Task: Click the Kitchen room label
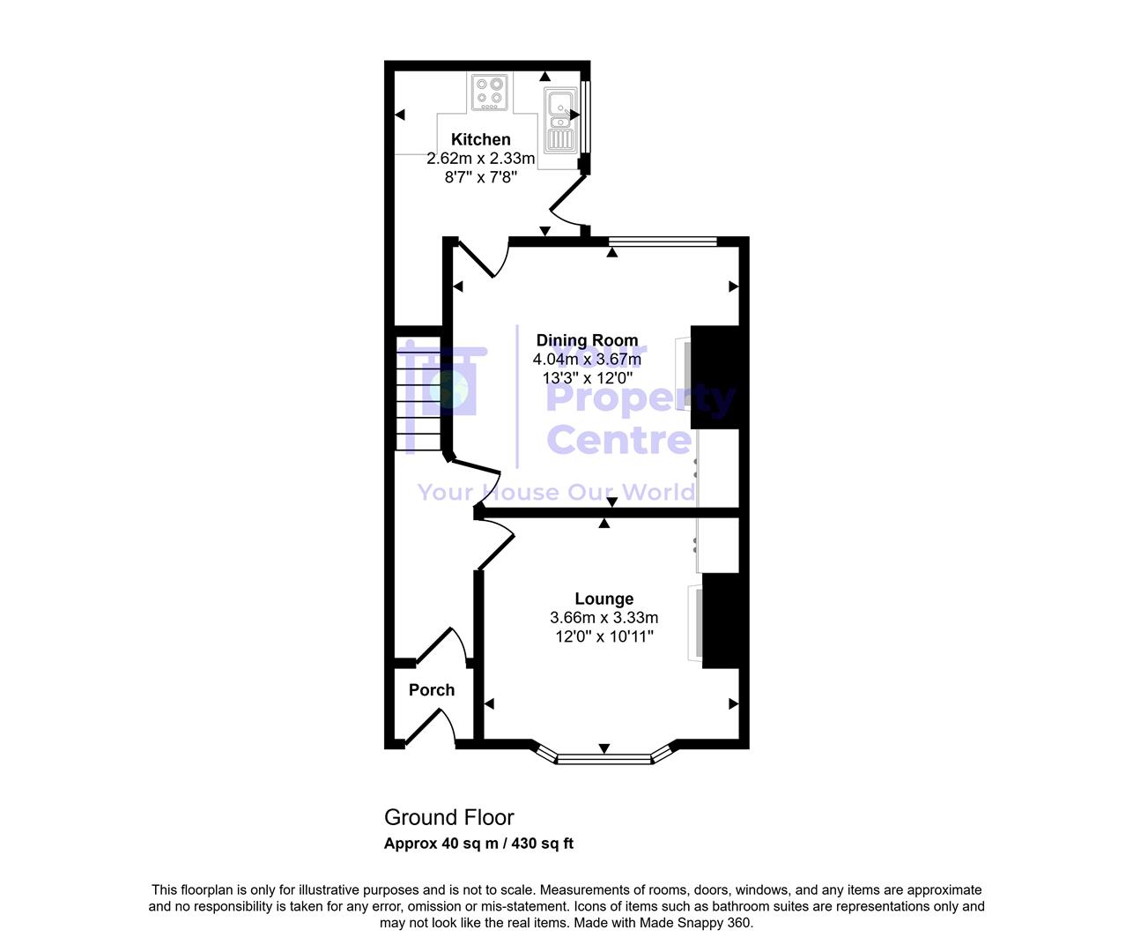480,139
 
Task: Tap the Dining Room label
587,340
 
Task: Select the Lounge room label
604,599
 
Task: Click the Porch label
432,690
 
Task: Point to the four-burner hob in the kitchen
490,93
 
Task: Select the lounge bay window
604,757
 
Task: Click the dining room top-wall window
663,242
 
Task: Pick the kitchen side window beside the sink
586,117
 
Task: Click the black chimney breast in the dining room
718,377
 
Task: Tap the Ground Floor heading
448,817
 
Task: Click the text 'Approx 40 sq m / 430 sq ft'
478,844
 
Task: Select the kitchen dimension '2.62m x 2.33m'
480,159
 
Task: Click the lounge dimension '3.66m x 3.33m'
604,618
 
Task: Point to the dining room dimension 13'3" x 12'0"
587,378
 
